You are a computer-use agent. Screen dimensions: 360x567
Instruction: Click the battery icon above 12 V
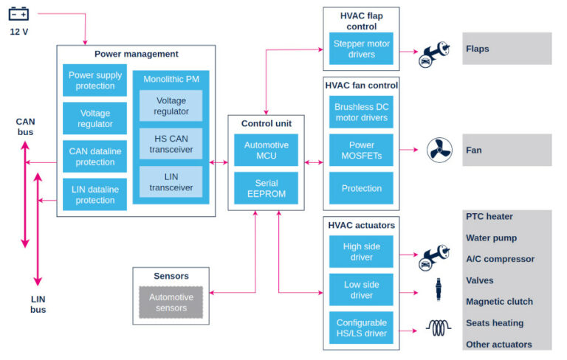[18, 13]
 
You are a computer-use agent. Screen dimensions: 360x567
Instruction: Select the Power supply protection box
[95, 80]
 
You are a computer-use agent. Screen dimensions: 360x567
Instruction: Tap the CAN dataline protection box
[95, 156]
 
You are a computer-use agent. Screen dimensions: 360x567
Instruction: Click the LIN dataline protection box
[95, 195]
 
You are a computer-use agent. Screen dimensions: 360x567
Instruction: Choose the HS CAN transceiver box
[171, 143]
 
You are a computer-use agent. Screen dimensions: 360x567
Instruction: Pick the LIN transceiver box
[171, 181]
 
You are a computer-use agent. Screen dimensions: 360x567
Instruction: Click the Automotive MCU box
[266, 150]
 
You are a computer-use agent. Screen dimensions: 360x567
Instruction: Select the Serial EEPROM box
[266, 188]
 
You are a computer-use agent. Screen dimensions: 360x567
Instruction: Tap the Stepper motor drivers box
[361, 48]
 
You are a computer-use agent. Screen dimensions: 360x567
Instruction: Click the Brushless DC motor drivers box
[361, 112]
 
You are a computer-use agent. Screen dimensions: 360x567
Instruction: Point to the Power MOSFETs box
[361, 150]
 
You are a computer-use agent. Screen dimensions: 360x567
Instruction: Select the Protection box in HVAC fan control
[361, 188]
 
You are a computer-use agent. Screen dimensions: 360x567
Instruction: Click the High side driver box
[361, 252]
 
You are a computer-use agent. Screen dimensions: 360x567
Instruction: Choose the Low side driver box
[361, 290]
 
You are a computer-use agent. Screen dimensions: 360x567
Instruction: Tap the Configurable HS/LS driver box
[361, 328]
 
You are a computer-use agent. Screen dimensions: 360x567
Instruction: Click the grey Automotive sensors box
[171, 302]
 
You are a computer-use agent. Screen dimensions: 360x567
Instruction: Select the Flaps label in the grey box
[478, 49]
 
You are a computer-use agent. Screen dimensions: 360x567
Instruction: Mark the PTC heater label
[489, 217]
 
